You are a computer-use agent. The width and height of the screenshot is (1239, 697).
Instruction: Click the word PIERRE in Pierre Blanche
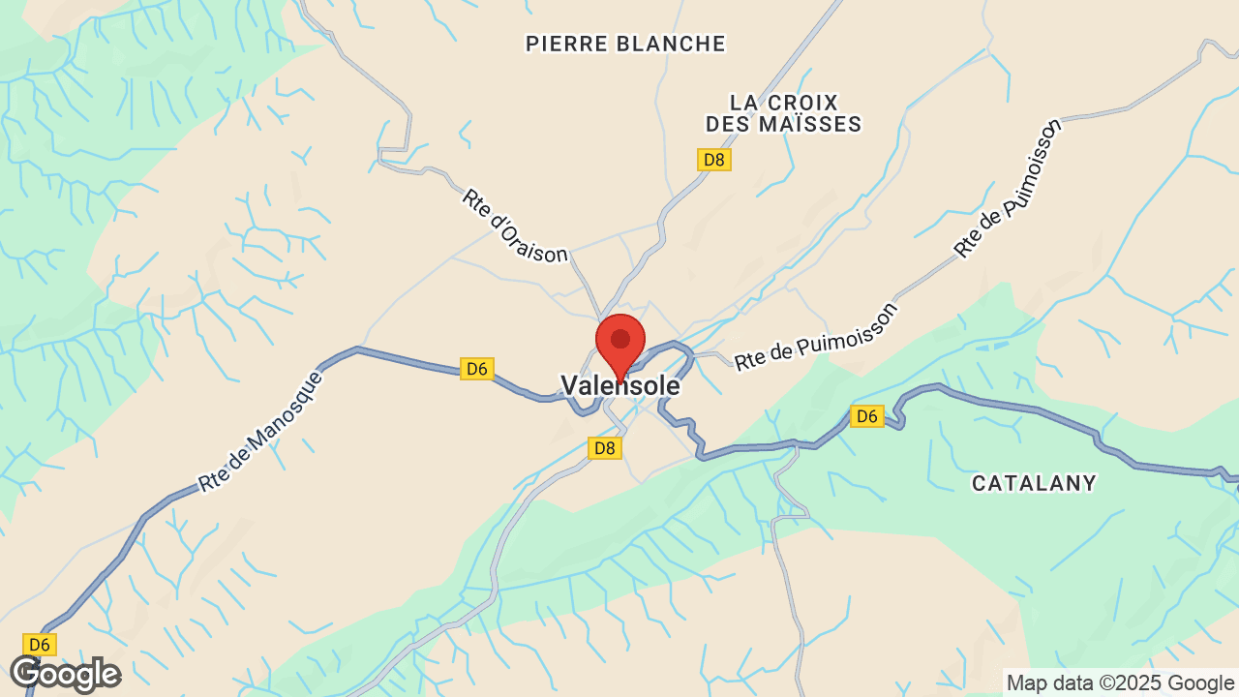pyautogui.click(x=567, y=44)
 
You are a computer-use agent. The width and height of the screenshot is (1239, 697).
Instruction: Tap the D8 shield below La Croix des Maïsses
pyautogui.click(x=713, y=160)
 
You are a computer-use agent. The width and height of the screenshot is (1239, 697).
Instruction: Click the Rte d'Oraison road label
pyautogui.click(x=515, y=226)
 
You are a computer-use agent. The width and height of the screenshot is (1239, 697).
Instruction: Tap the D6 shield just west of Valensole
pyautogui.click(x=476, y=369)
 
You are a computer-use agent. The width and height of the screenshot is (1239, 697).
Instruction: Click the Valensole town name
pyautogui.click(x=620, y=386)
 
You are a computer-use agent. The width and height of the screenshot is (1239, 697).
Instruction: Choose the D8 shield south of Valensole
pyautogui.click(x=604, y=448)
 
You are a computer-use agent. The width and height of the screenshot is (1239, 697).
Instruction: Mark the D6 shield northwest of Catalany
pyautogui.click(x=866, y=416)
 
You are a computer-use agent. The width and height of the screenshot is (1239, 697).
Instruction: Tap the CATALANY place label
pyautogui.click(x=1034, y=483)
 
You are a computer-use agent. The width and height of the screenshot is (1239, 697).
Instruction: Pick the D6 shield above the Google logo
pyautogui.click(x=38, y=645)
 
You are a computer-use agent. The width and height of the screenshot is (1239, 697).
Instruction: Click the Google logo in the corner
pyautogui.click(x=65, y=674)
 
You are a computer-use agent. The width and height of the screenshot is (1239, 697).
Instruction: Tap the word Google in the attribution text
pyautogui.click(x=1199, y=683)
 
